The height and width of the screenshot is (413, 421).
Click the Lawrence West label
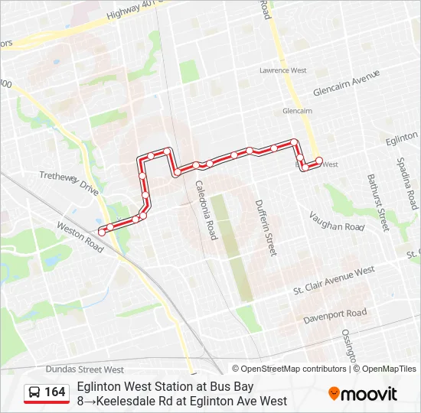[x=283, y=70]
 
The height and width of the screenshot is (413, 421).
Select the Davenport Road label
[x=335, y=314]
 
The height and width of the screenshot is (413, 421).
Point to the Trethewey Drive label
[x=70, y=184]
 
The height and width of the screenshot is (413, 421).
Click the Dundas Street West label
[x=84, y=369]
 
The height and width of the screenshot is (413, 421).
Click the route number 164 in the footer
[x=55, y=392]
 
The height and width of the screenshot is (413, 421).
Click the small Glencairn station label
[x=298, y=111]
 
